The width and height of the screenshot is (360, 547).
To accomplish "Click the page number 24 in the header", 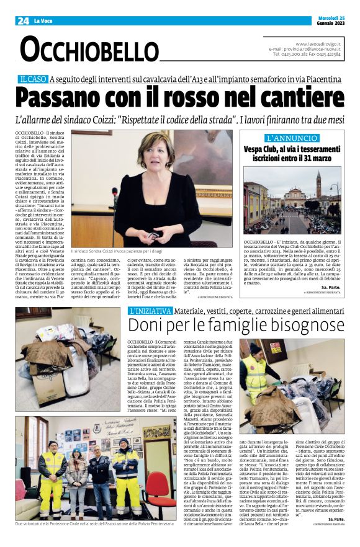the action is click(23, 20).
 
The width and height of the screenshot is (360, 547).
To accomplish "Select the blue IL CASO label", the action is click(32, 79).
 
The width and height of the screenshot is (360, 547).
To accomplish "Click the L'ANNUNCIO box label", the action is click(289, 138).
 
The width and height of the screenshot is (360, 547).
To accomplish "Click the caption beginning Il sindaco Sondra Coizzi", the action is click(121, 252).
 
